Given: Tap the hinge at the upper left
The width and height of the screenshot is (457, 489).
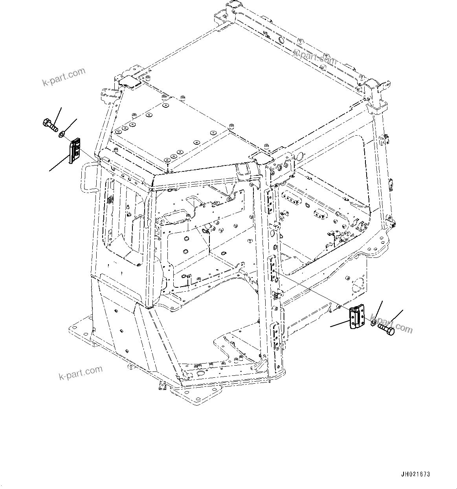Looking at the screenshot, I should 75,151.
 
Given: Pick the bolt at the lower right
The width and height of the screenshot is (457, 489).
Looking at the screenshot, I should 385,328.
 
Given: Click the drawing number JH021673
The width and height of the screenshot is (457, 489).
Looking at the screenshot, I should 415,474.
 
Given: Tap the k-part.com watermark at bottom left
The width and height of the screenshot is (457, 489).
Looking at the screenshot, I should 81,372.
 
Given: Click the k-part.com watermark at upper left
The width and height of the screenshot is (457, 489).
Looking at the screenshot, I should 64,76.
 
